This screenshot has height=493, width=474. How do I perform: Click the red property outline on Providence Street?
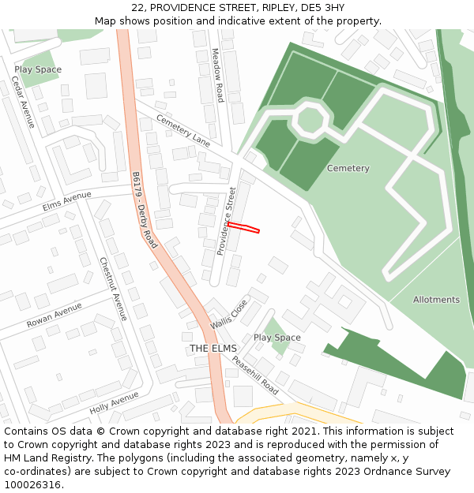click(x=243, y=228)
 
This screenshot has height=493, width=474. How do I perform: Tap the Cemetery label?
click(x=348, y=168)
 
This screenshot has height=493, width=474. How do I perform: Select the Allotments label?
click(x=435, y=300)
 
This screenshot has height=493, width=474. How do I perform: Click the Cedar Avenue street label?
click(x=24, y=103)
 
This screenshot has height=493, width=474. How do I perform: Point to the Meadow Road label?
click(x=217, y=76)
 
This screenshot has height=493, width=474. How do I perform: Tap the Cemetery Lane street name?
click(x=183, y=130)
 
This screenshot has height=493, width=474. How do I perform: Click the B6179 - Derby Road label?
click(x=145, y=210)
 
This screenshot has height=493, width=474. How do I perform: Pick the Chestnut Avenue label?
click(x=114, y=289)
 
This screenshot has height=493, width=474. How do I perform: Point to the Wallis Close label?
click(x=228, y=314)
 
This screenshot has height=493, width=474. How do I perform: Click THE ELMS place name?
click(x=213, y=349)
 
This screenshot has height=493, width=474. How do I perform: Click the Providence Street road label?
click(x=227, y=221)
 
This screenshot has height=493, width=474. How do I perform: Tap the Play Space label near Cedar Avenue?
click(x=37, y=69)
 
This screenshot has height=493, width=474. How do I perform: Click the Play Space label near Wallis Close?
click(x=276, y=338)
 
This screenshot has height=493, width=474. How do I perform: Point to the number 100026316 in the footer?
click(x=32, y=484)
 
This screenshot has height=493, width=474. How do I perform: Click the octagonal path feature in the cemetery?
click(x=310, y=119)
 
